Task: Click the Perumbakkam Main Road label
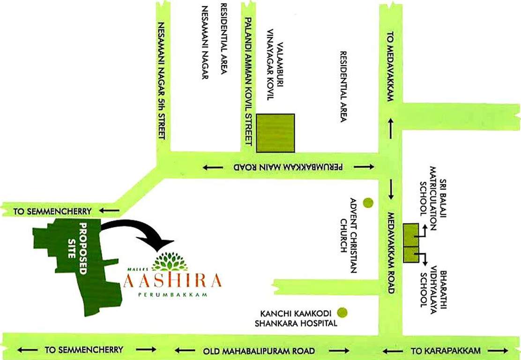pyautogui.click(x=289, y=167)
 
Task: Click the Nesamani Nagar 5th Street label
pyautogui.click(x=162, y=80)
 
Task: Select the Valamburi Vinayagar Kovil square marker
pyautogui.click(x=275, y=133)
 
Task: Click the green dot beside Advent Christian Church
pyautogui.click(x=369, y=203)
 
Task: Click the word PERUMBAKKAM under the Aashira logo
pyautogui.click(x=174, y=295)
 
